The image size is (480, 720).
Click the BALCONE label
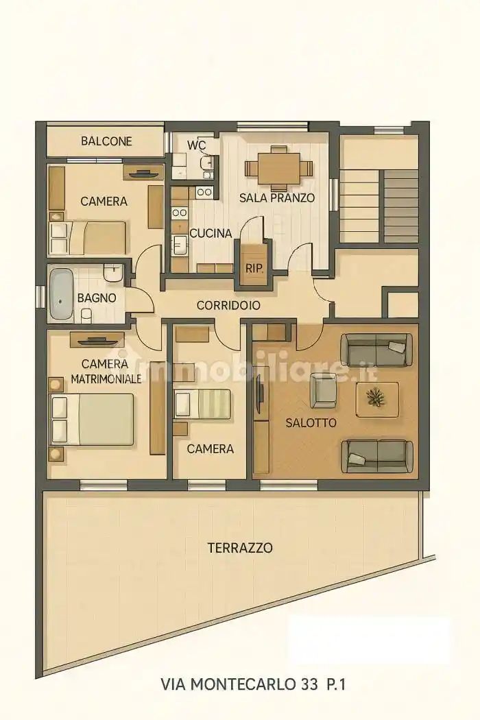pyautogui.click(x=106, y=141)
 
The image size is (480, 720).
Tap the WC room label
pyautogui.click(x=196, y=145)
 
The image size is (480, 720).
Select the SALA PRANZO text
pyautogui.click(x=277, y=198)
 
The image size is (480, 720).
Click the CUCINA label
pyautogui.click(x=211, y=233)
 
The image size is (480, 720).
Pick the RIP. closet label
pyautogui.click(x=254, y=268)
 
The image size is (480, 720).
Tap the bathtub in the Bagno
pyautogui.click(x=62, y=294)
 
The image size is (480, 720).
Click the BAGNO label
pyautogui.click(x=96, y=298)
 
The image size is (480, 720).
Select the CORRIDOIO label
pyautogui.click(x=228, y=305)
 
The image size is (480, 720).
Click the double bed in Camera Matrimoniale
pyautogui.click(x=92, y=419)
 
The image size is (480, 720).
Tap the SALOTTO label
pyautogui.click(x=311, y=423)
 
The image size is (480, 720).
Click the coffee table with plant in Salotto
pyautogui.click(x=376, y=398)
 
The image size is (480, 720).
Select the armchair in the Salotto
pyautogui.click(x=323, y=390)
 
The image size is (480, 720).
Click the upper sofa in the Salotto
pyautogui.click(x=377, y=349)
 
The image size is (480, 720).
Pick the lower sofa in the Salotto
pyautogui.click(x=377, y=455)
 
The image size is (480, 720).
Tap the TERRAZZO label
pyautogui.click(x=239, y=548)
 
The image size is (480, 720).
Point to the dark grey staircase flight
pyautogui.click(x=400, y=205)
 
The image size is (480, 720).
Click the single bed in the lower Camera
pyautogui.click(x=202, y=404)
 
